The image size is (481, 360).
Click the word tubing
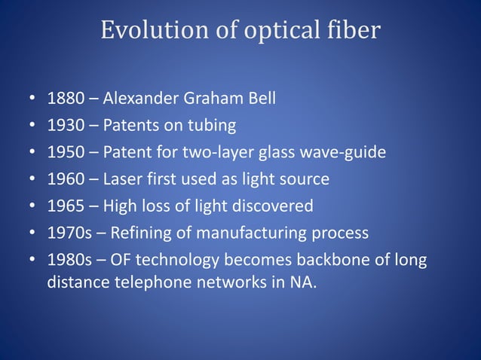click(212, 125)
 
